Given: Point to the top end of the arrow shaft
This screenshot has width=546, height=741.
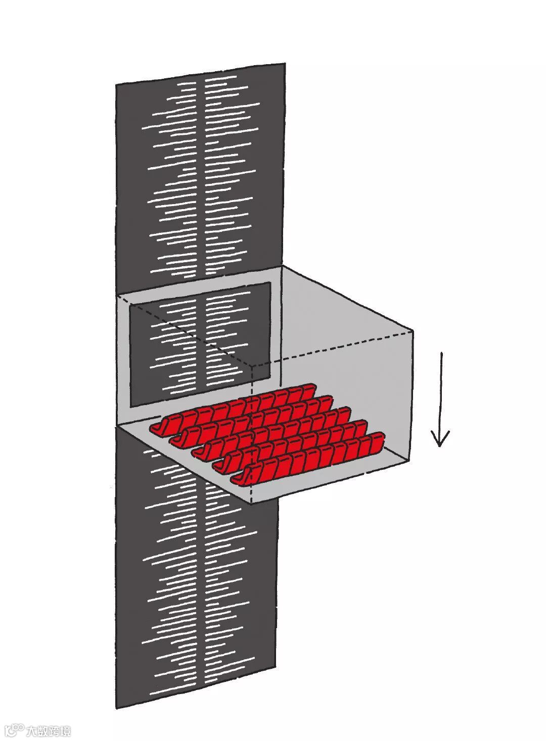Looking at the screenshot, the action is click(442, 353).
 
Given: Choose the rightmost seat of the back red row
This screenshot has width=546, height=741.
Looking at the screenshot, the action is click(307, 391).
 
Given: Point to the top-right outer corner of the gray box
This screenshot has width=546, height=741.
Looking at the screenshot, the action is click(413, 331).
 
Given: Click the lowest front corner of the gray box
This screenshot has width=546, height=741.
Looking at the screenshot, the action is click(251, 504).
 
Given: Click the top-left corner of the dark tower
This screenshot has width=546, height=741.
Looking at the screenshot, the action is click(116, 84).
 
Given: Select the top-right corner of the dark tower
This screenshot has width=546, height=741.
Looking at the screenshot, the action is click(285, 63).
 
